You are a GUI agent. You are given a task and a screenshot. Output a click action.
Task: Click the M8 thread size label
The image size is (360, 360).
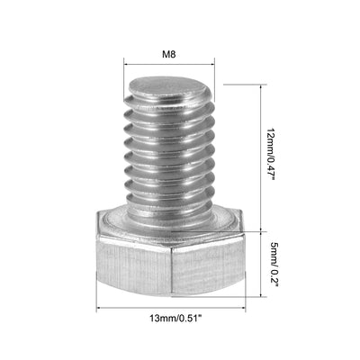(x=167, y=54)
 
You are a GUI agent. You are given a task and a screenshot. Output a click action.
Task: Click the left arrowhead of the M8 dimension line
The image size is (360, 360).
(x=125, y=65)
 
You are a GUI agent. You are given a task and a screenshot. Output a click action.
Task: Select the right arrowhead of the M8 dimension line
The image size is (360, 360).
(x=214, y=65)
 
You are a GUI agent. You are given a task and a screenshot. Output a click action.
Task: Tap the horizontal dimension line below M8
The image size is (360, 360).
(x=169, y=65)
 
